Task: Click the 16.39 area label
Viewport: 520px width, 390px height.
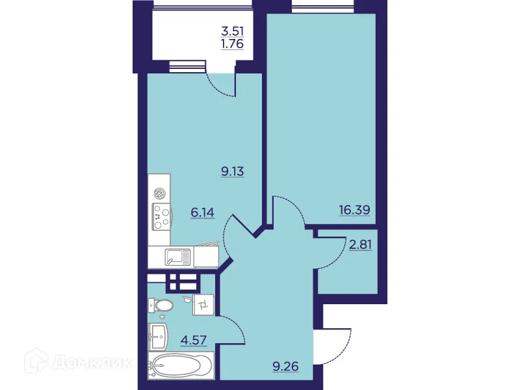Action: (354, 210)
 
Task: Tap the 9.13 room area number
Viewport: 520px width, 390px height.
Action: (232, 172)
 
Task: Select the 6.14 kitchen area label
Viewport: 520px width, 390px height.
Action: (202, 212)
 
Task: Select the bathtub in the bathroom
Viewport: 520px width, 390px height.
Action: (180, 365)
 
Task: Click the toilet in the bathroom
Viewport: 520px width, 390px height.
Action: (161, 305)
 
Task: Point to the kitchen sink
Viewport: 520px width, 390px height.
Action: (177, 257)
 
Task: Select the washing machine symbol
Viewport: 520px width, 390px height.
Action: (203, 304)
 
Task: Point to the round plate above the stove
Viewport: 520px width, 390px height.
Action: (161, 193)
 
